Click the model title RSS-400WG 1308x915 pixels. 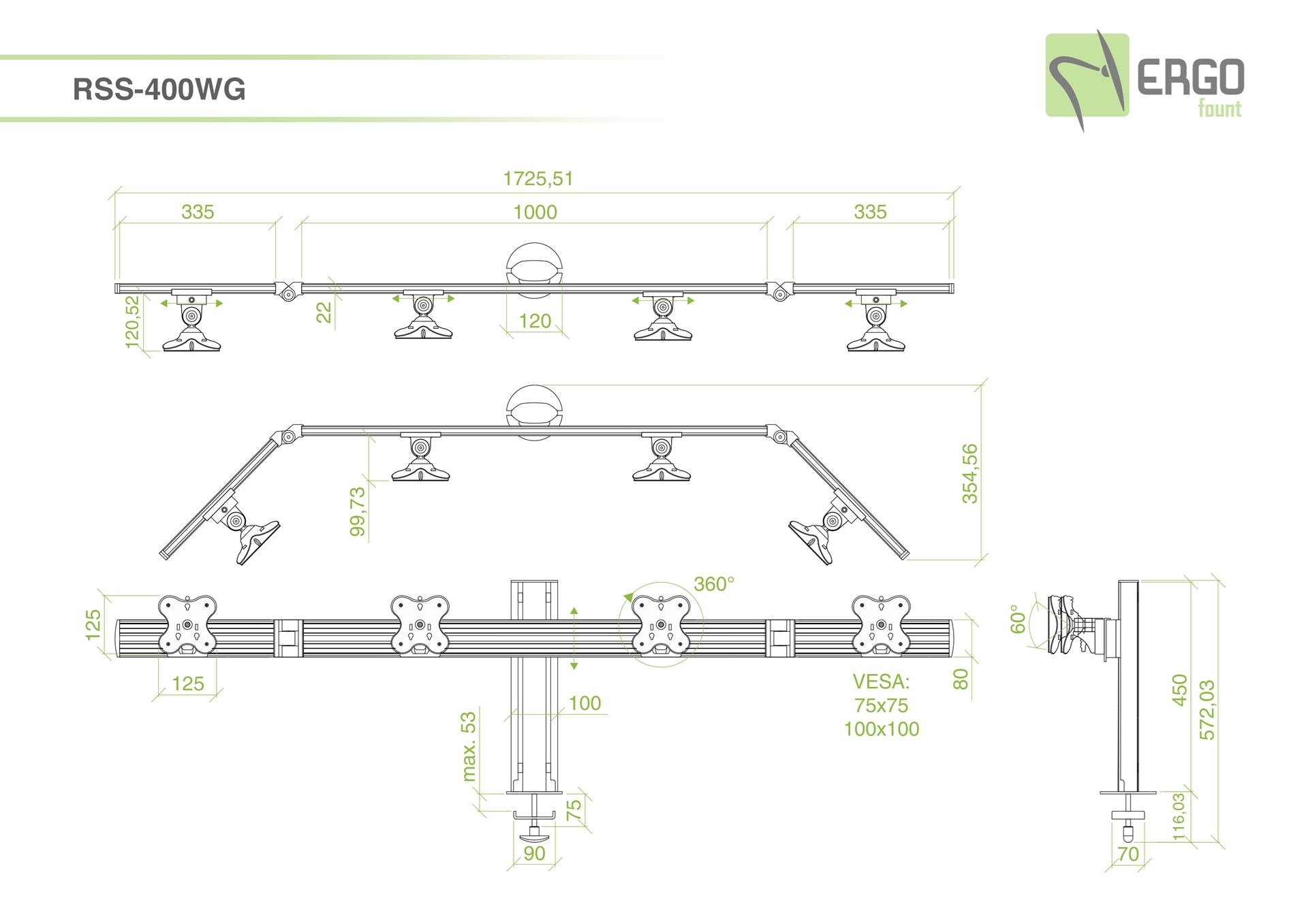tap(159, 90)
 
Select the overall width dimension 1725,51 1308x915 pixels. tap(538, 178)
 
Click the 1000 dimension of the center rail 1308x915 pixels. tap(535, 212)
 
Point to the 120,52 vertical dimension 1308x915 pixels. tap(132, 321)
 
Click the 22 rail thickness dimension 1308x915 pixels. tap(324, 312)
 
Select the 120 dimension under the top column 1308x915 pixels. tap(535, 321)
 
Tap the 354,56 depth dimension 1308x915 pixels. tap(969, 473)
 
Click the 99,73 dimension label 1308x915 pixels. tap(358, 511)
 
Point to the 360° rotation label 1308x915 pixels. tap(714, 584)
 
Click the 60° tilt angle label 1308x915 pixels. tap(1018, 619)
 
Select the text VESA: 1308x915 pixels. tap(881, 681)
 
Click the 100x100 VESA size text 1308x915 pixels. tap(881, 729)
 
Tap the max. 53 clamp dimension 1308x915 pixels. tap(469, 746)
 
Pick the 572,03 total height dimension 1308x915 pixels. tap(1206, 710)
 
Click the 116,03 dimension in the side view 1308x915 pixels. tap(1179, 816)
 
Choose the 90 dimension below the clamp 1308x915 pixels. tap(534, 853)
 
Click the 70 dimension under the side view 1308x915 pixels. tap(1128, 854)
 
